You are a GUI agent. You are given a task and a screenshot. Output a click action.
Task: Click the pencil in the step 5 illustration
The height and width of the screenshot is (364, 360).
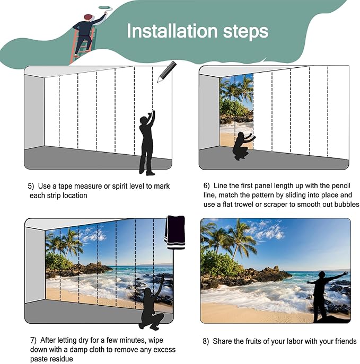[167, 72]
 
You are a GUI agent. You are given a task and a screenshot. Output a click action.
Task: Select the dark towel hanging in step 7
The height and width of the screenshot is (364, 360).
[175, 233]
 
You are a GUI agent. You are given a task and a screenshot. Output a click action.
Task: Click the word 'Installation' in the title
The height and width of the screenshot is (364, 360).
[172, 31]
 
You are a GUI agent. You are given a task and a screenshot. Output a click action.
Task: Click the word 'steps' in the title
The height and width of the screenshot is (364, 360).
[245, 32]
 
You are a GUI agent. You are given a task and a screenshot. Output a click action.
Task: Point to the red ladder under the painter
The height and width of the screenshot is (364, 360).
[82, 46]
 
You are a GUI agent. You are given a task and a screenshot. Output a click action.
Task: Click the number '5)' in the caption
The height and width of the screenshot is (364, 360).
[31, 186]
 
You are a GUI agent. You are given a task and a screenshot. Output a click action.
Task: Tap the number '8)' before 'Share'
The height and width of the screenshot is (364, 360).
[206, 341]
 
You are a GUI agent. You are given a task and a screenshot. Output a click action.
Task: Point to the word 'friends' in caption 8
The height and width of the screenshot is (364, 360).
[346, 341]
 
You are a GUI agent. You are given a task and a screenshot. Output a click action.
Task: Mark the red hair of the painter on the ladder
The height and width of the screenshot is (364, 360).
[88, 16]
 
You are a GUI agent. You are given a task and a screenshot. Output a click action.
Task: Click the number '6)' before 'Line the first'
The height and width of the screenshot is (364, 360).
[207, 186]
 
